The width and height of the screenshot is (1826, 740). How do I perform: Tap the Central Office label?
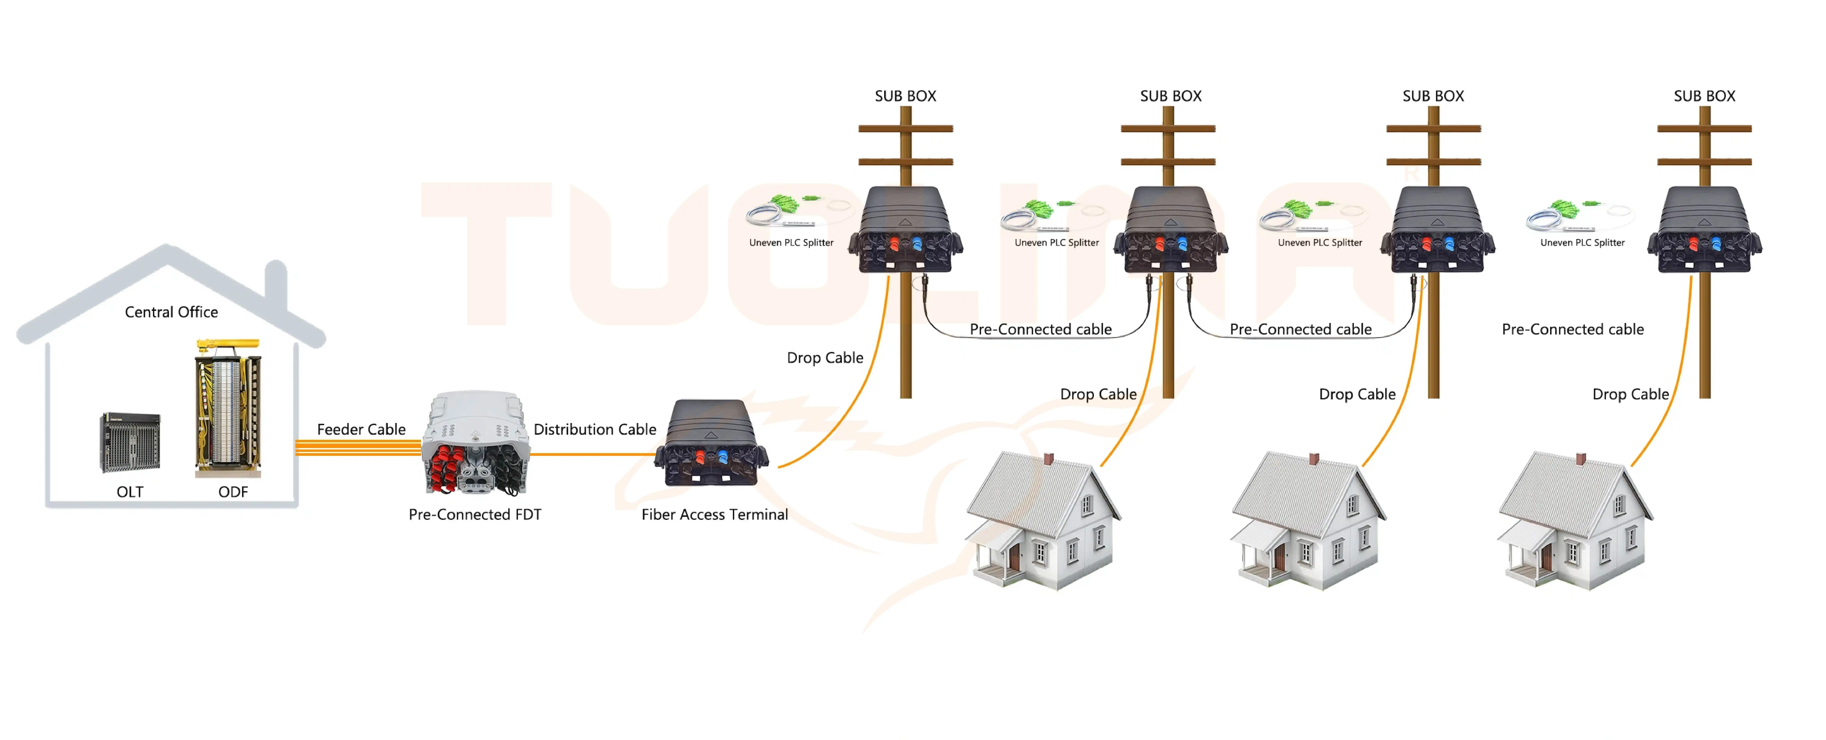[171, 312]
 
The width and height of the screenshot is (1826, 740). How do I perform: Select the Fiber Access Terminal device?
[711, 443]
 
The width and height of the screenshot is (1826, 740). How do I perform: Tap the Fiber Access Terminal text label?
[715, 515]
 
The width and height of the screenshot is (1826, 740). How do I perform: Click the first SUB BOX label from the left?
[905, 96]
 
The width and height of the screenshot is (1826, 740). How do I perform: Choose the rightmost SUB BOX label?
[1704, 96]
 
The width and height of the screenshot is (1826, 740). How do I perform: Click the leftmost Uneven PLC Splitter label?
[791, 242]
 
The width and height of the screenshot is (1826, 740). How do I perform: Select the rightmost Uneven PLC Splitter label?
[1582, 242]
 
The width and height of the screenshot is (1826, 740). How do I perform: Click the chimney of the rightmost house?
[1580, 459]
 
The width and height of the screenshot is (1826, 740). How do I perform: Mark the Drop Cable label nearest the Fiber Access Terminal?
[825, 358]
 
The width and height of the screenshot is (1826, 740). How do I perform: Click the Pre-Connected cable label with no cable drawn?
[1572, 329]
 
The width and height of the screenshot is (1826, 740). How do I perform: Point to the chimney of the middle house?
[1313, 459]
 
